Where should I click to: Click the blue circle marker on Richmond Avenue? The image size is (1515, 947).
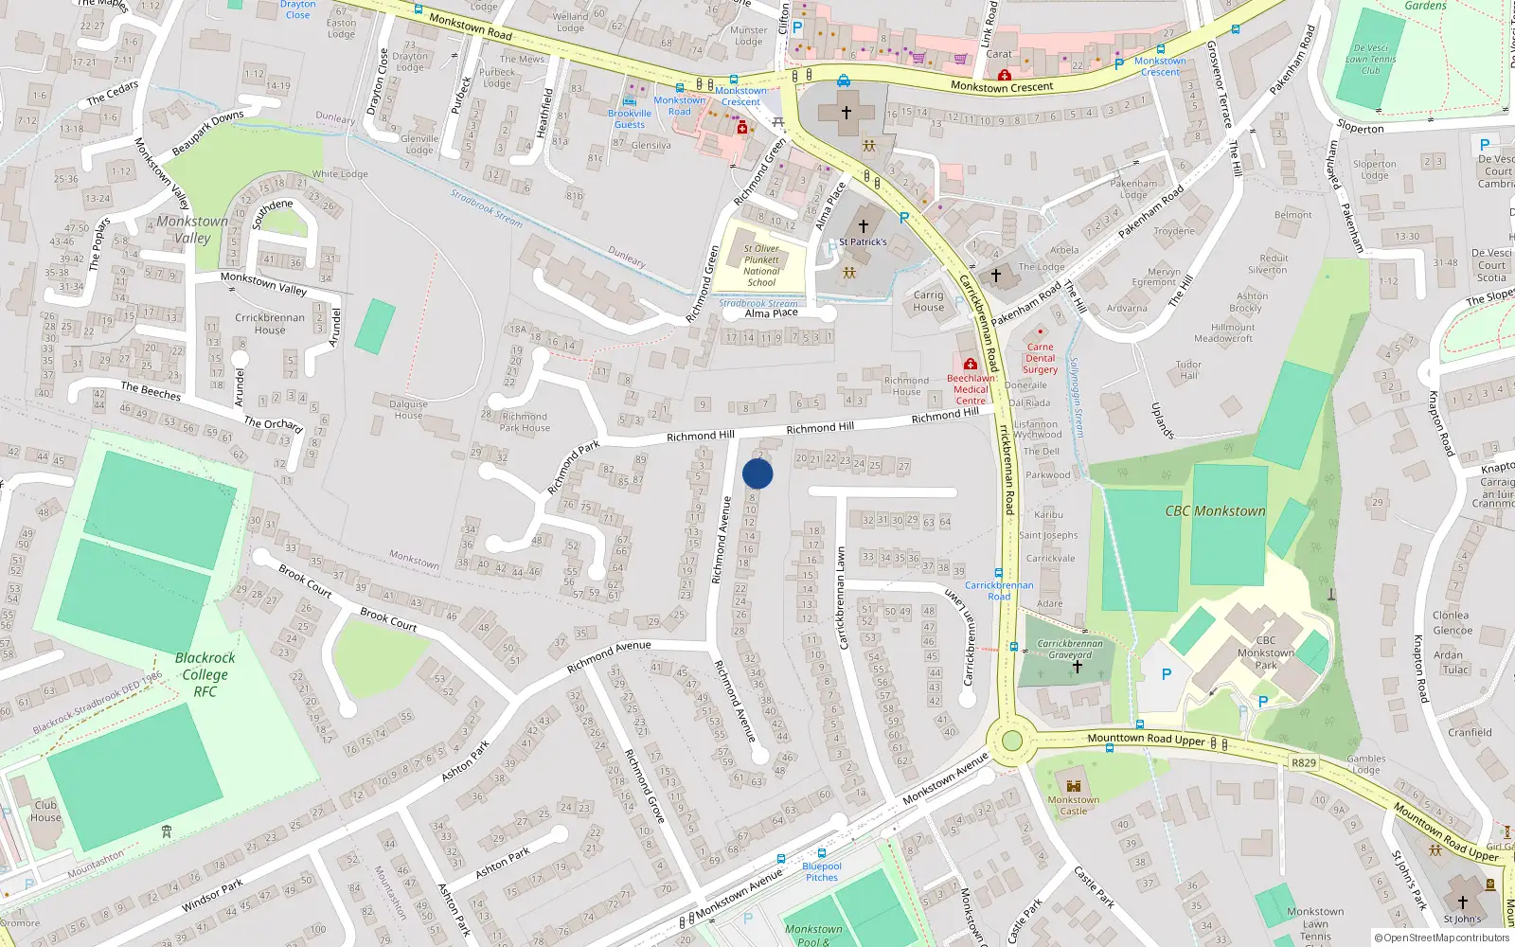[x=757, y=473]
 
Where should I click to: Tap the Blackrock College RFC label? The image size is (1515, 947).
[x=205, y=674]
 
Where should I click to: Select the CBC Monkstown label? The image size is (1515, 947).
[x=1215, y=511]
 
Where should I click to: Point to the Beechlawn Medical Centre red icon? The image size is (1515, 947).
[x=970, y=365]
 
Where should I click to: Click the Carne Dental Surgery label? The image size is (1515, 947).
[x=1040, y=358]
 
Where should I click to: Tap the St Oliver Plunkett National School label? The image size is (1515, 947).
[x=761, y=265]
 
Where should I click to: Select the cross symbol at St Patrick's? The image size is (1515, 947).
[x=863, y=226]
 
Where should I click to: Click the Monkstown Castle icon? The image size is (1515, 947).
[x=1073, y=786]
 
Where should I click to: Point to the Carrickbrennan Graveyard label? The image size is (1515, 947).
[x=1070, y=649]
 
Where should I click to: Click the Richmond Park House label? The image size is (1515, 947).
[x=525, y=422]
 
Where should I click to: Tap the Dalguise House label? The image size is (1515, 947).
[x=408, y=409]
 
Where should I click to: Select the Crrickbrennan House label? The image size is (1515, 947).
[x=270, y=324]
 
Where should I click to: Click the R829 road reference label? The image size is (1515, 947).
[x=1304, y=762]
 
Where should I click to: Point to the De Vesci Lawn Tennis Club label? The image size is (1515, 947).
[x=1370, y=59]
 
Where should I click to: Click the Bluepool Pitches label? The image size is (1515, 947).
[x=821, y=871]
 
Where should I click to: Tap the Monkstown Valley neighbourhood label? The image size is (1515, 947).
[x=192, y=229]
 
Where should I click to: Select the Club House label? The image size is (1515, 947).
[x=45, y=812]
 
